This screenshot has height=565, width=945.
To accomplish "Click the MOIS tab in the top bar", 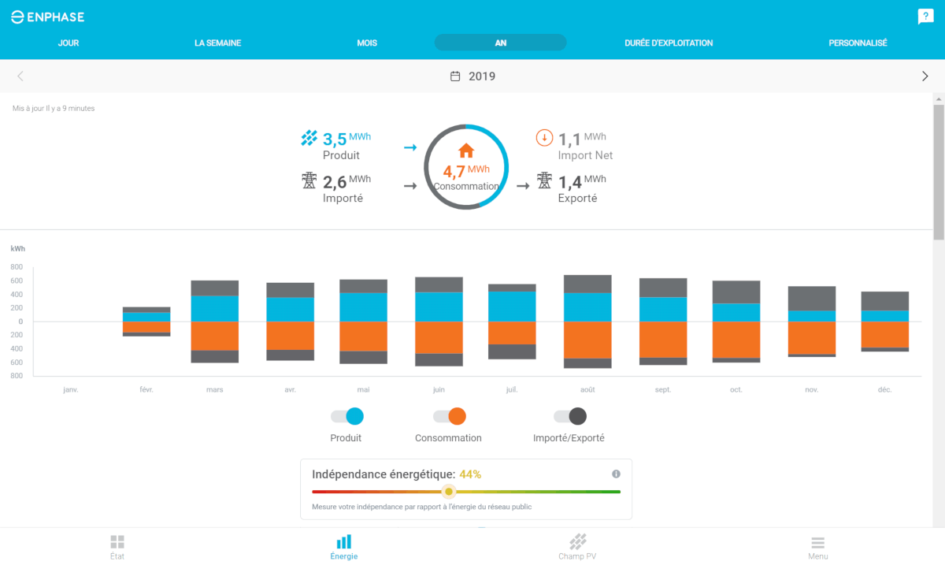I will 367,43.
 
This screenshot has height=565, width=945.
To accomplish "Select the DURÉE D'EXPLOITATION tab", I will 669,43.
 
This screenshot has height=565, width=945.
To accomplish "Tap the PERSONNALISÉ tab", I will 858,43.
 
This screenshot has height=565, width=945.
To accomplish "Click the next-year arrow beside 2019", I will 925,76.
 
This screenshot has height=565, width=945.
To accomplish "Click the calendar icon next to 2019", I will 455,76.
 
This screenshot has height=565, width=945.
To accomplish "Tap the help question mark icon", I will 925,17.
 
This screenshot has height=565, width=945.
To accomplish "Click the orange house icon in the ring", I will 466,150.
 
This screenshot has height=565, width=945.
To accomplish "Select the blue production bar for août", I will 587,307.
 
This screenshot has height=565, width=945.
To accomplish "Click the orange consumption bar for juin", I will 439,337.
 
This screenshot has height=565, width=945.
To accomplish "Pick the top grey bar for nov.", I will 812,298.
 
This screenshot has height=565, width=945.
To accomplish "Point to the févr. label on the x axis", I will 145,390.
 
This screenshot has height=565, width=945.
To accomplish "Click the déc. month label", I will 884,390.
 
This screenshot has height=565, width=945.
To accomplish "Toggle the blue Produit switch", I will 347,417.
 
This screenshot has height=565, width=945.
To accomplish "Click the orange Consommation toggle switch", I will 450,417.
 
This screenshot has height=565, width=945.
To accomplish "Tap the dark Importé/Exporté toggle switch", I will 570,417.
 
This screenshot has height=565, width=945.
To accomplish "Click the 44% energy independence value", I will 470,474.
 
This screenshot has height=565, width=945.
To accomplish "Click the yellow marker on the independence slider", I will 448,492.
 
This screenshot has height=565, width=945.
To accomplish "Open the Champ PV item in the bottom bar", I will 577,546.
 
